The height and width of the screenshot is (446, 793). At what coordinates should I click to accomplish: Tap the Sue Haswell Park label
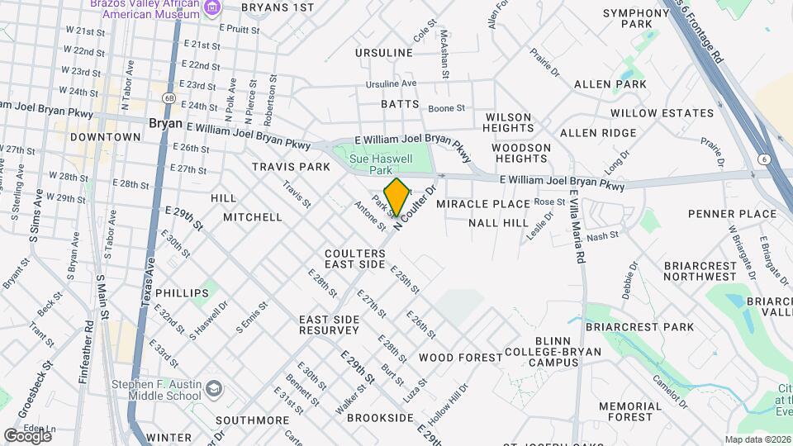click(381, 164)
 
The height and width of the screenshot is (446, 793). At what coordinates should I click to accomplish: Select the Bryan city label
click(165, 123)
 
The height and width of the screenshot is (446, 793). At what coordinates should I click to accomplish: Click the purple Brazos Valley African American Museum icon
click(213, 8)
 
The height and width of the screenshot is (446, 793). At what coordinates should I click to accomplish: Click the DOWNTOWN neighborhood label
click(105, 137)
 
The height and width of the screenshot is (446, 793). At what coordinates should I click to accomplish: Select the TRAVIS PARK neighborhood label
click(291, 167)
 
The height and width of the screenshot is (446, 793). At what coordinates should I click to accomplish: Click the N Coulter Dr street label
click(415, 210)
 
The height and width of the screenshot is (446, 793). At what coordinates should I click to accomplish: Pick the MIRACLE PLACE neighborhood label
click(482, 204)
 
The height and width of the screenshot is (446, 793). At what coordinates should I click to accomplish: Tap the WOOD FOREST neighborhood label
click(460, 358)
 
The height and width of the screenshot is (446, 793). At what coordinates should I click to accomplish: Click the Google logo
click(27, 435)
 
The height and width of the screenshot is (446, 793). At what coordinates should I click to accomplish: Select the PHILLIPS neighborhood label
click(181, 293)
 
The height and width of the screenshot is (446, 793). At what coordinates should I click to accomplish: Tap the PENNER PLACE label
click(732, 214)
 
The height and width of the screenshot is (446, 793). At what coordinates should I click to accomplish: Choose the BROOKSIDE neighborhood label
click(379, 419)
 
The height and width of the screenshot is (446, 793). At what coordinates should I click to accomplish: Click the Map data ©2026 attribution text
click(756, 439)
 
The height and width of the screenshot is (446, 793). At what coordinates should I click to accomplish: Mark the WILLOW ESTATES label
click(662, 113)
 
